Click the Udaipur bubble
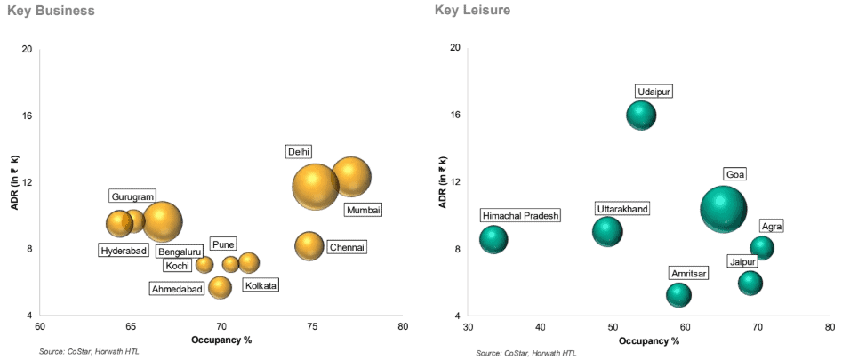pos(641,115)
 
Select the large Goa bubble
pos(725,209)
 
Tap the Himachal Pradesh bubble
pos(493,239)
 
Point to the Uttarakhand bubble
pos(607,231)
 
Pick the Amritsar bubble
pos(678,294)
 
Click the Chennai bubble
pos(309,245)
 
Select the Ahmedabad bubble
pos(220,287)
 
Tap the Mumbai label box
pos(363,210)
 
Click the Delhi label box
pos(299,152)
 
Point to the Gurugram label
pos(132,196)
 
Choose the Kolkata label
pos(261,285)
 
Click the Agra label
pos(772,226)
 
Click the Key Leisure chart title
pos(472,11)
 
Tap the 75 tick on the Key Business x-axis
pos(312,327)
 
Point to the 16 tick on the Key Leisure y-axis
pos(454,115)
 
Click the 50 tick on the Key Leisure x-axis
pos(613,328)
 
